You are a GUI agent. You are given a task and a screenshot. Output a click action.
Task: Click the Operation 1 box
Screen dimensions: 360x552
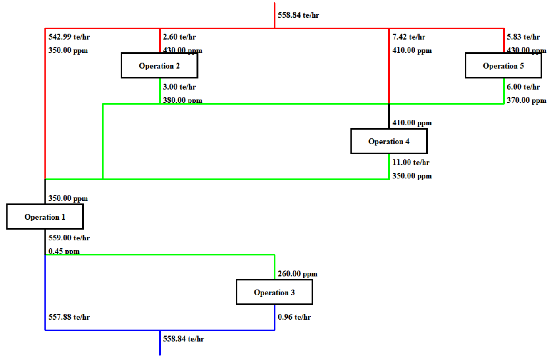click(45, 217)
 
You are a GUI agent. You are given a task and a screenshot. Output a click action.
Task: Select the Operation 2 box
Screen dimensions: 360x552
click(159, 66)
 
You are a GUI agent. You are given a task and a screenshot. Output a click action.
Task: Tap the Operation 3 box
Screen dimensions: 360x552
click(274, 292)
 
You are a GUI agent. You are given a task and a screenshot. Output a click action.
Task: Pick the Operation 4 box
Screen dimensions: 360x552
click(389, 141)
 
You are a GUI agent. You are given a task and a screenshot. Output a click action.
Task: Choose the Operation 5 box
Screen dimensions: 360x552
click(503, 66)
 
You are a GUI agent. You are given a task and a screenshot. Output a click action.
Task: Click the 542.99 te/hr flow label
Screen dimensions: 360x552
click(69, 37)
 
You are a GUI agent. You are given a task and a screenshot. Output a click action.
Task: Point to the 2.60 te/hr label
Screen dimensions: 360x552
click(179, 37)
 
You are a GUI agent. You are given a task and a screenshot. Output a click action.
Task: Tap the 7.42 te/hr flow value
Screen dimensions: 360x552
click(409, 37)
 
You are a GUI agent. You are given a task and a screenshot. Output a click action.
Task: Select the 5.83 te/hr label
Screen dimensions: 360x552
click(523, 37)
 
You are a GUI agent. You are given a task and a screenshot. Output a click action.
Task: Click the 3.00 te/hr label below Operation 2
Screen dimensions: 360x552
click(179, 87)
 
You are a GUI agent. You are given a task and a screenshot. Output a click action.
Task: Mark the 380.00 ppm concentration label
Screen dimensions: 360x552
click(183, 100)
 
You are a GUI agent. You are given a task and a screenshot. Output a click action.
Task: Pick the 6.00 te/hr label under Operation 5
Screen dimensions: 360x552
click(523, 87)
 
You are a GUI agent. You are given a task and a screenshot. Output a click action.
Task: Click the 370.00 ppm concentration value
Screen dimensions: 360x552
click(526, 100)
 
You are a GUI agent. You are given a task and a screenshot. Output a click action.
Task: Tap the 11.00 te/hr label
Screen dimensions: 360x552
click(410, 162)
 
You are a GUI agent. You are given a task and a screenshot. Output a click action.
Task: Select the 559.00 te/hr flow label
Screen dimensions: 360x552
click(69, 238)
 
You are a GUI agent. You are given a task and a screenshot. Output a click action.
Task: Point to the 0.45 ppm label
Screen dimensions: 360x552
click(64, 251)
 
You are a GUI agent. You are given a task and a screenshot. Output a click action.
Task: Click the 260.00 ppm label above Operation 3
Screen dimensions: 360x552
click(297, 274)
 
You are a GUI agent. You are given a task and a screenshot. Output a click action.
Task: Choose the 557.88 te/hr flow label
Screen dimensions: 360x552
click(69, 317)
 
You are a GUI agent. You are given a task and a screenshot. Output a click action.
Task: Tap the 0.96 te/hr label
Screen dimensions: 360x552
click(294, 317)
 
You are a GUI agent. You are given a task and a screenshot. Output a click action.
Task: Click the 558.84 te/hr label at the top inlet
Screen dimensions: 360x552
click(298, 15)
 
